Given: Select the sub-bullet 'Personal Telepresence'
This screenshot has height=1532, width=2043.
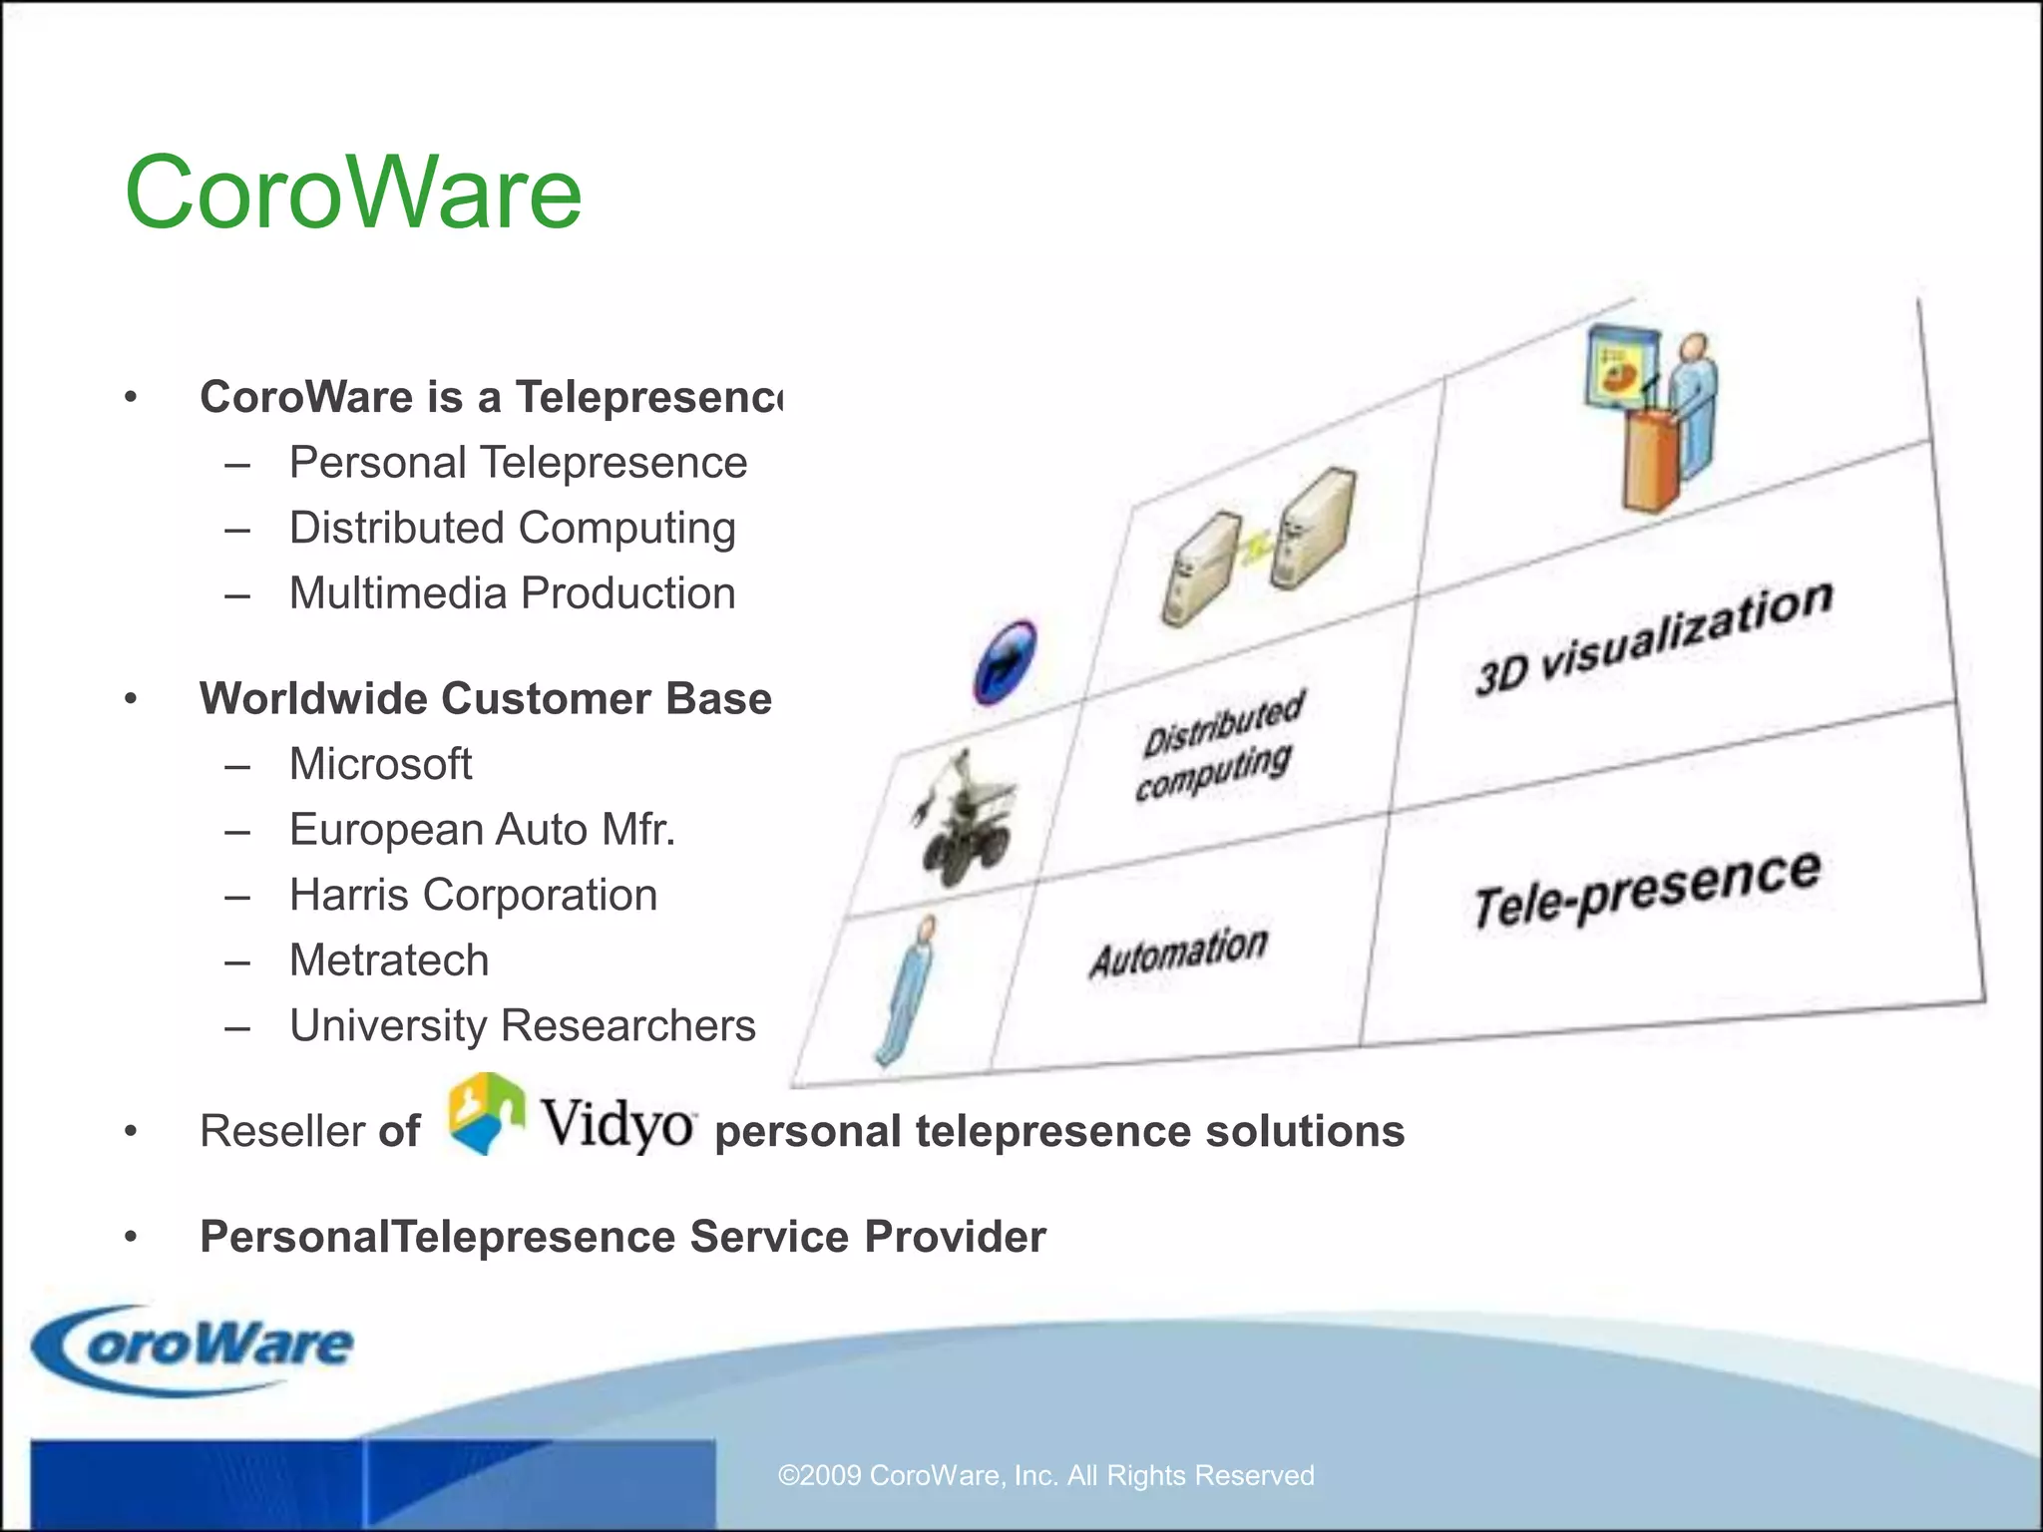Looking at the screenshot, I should (x=518, y=463).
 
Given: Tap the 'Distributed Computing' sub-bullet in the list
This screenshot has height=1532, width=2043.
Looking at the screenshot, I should (x=512, y=529).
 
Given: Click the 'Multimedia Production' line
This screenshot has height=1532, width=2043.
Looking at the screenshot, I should (x=512, y=593).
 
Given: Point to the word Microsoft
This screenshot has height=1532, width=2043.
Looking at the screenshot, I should (x=380, y=765).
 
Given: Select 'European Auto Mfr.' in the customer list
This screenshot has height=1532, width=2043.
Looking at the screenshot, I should (x=482, y=830).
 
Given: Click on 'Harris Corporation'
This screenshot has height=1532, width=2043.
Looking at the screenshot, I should (x=473, y=896).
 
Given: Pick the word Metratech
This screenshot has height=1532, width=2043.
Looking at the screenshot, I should (x=389, y=960).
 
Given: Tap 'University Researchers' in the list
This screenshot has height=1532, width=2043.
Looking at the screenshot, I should (x=522, y=1026).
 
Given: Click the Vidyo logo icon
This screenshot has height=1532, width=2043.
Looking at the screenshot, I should (x=486, y=1114).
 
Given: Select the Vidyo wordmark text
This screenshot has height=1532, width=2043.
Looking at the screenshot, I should (x=617, y=1124).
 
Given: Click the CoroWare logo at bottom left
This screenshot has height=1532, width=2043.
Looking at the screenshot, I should (x=194, y=1347).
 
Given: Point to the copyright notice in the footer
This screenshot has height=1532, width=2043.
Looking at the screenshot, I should (x=1045, y=1475).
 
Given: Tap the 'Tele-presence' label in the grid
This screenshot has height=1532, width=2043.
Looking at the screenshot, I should (x=1647, y=889).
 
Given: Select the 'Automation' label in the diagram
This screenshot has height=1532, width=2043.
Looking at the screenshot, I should (x=1178, y=952).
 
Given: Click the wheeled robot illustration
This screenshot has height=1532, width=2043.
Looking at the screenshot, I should (x=965, y=818).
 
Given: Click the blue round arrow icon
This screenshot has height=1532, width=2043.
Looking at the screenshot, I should (x=1005, y=663).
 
